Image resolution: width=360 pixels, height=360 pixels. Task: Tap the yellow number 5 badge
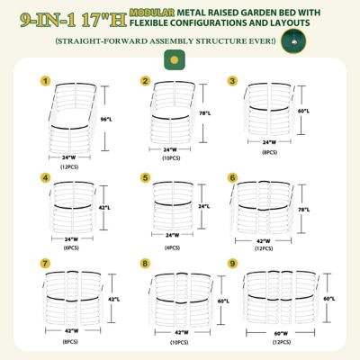(145, 177)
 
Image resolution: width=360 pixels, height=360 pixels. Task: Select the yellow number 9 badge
(232, 264)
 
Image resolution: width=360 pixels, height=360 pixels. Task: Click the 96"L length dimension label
(104, 118)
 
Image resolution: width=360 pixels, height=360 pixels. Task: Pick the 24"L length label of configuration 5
(204, 206)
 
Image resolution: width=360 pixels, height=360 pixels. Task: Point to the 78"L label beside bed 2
(204, 113)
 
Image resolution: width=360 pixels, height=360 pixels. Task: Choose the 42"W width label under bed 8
(172, 334)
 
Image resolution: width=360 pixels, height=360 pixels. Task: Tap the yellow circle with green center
(171, 60)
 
